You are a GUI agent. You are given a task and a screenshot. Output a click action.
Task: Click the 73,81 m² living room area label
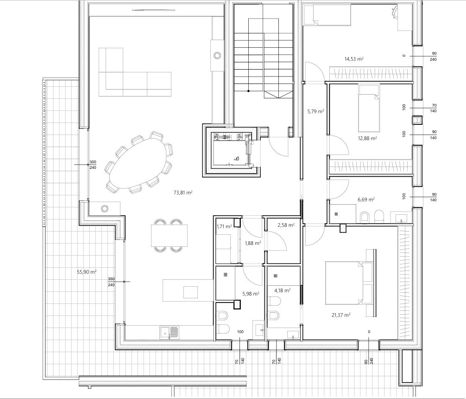coord(183,193)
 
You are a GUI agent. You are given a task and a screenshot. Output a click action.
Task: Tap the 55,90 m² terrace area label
coord(87,272)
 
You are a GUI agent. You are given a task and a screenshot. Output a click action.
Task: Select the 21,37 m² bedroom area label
coord(341,315)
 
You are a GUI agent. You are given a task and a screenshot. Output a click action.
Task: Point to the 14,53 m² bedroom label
coord(354,59)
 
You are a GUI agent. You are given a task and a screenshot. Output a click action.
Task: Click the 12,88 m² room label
coord(367,138)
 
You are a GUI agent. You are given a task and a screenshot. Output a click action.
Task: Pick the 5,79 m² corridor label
coord(315,112)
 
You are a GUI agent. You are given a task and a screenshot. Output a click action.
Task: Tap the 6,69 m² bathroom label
coord(366,199)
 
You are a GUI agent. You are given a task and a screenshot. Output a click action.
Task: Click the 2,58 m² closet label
coord(286,225)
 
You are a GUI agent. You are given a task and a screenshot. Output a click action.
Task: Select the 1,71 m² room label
coord(224,226)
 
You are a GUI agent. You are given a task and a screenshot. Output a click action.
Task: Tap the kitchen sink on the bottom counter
coord(170,333)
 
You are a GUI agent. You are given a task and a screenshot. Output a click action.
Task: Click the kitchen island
coord(188,290)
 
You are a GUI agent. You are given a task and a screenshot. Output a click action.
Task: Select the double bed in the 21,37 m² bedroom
coord(349,283)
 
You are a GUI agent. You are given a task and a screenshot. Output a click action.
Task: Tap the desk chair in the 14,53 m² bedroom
coord(394,12)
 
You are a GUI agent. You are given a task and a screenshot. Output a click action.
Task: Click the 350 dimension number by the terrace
coord(111,279)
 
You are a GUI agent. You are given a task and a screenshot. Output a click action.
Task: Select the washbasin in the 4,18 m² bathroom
coord(293,335)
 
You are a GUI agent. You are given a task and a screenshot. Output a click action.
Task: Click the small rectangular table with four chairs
coord(169,236)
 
